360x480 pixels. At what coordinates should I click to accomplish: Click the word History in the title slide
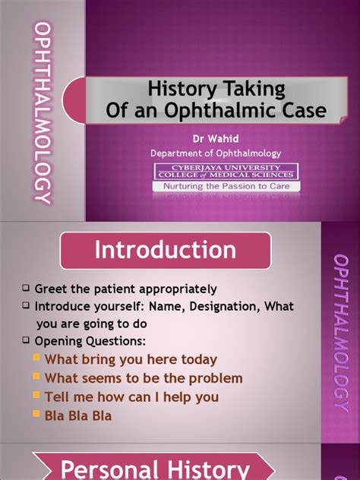coord(182,89)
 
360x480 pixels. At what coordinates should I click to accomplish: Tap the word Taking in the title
coord(254,89)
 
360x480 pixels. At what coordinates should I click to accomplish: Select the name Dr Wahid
coord(216,139)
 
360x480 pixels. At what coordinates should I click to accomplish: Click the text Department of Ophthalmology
coord(216,153)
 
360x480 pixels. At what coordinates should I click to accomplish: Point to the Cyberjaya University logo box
coord(226,172)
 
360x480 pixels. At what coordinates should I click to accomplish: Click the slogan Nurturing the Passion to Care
coord(226,186)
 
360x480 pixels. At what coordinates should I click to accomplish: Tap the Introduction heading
coord(166,250)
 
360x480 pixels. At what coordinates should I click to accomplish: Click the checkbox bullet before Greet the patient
coord(26,288)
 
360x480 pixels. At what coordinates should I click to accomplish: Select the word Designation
coord(225,306)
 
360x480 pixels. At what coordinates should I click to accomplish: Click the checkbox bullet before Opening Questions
coord(26,339)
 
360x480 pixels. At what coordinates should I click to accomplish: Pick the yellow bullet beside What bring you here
coord(36,357)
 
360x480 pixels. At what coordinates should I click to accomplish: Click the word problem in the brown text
coord(216,379)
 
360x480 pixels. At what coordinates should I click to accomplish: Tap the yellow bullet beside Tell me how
coord(36,395)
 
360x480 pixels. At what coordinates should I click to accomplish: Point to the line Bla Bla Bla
coord(78,415)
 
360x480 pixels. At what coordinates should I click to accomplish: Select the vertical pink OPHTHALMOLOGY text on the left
coord(43,112)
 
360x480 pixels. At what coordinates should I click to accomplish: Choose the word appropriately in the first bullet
coord(178,289)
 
